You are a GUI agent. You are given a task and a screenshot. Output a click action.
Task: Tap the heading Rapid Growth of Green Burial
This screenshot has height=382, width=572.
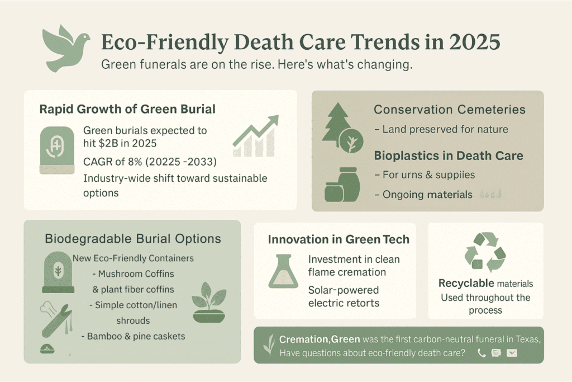tap(127, 109)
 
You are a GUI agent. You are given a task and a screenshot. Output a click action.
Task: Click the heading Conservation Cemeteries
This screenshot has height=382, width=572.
tap(450, 110)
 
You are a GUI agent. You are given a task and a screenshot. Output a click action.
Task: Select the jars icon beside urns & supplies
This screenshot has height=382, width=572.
tap(342, 185)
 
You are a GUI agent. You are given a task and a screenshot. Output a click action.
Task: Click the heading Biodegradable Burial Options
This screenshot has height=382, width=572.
tap(133, 239)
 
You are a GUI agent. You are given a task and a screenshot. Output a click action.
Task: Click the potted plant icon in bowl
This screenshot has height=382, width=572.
tap(208, 303)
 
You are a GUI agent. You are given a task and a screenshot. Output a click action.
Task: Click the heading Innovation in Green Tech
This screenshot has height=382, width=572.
tap(339, 239)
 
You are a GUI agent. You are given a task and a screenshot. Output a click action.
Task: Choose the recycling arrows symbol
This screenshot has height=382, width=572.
tap(485, 252)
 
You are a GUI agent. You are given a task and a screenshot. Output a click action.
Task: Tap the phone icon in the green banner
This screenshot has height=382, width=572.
tap(482, 353)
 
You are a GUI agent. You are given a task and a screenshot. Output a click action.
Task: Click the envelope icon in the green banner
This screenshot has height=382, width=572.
tap(512, 353)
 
